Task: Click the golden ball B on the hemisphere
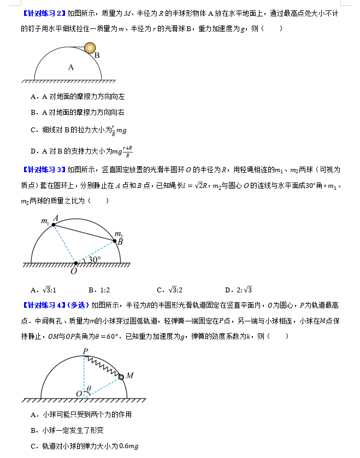(89, 49)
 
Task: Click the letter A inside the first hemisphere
(70, 67)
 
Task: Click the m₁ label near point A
(44, 221)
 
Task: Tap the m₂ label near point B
(117, 233)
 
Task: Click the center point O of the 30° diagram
(76, 263)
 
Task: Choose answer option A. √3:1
(44, 290)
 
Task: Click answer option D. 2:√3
(238, 290)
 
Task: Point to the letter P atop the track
(85, 350)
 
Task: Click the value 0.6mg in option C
(129, 447)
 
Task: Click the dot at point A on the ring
(54, 225)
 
